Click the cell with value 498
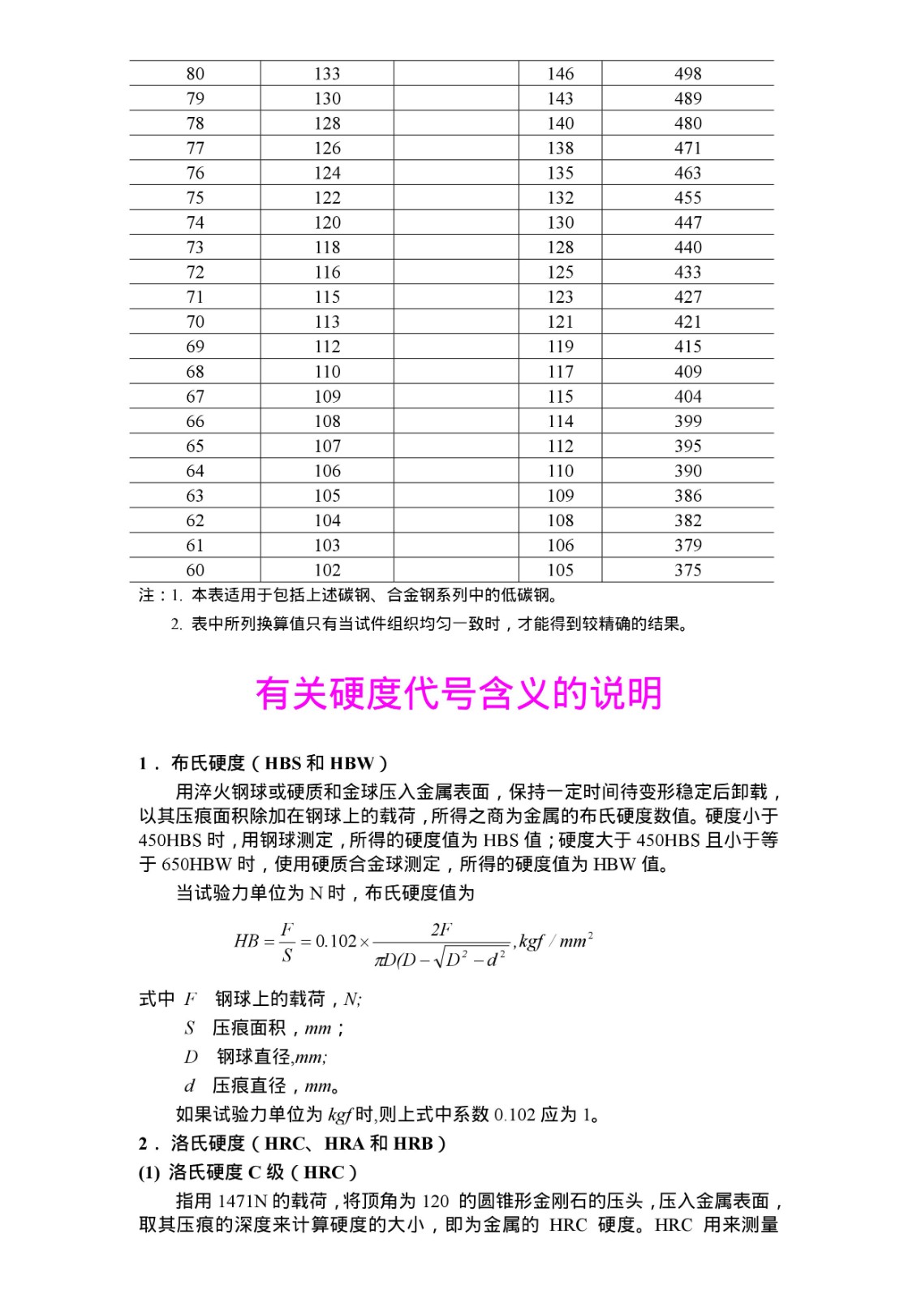coord(687,74)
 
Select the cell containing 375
coord(687,570)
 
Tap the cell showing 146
coord(560,74)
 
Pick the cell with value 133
coord(327,74)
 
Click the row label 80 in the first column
coord(195,74)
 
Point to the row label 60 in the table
coord(195,570)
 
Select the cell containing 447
coord(687,222)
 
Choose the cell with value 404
coord(687,396)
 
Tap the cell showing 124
coord(327,173)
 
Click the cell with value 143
coord(560,98)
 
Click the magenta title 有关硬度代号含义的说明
coord(458,694)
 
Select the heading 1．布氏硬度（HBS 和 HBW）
coord(264,763)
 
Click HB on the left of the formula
coord(246,941)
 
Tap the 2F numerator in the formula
coord(441,930)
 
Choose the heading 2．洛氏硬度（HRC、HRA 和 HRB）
coord(293,1143)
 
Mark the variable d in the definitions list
coord(190,1086)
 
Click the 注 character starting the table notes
coord(146,595)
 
